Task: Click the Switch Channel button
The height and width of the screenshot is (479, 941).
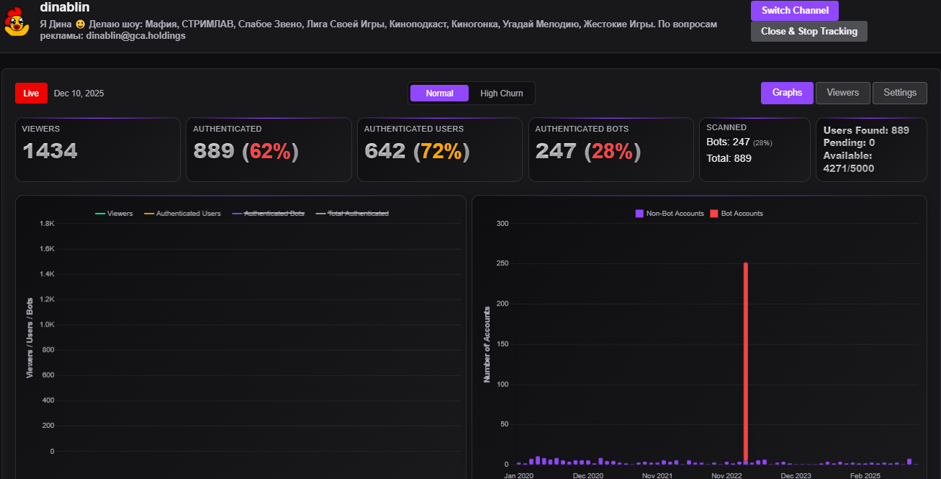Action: (794, 11)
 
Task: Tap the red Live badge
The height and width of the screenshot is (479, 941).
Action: (31, 93)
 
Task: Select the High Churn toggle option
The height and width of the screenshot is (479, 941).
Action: (501, 93)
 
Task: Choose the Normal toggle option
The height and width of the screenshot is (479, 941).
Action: (439, 93)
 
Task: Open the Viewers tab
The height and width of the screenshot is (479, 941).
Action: (842, 93)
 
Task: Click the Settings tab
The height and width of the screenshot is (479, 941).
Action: (899, 93)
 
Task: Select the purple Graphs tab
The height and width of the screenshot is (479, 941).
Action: (787, 93)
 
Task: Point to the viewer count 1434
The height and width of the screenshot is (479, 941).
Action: (50, 151)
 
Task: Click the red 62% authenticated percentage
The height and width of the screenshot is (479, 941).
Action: (270, 151)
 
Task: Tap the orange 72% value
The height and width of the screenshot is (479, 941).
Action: (441, 151)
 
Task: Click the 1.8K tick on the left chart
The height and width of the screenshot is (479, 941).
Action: (47, 224)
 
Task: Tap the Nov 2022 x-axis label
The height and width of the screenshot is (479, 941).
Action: (726, 475)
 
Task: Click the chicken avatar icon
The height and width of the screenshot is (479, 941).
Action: (14, 24)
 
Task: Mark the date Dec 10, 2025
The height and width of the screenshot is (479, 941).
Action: (78, 93)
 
